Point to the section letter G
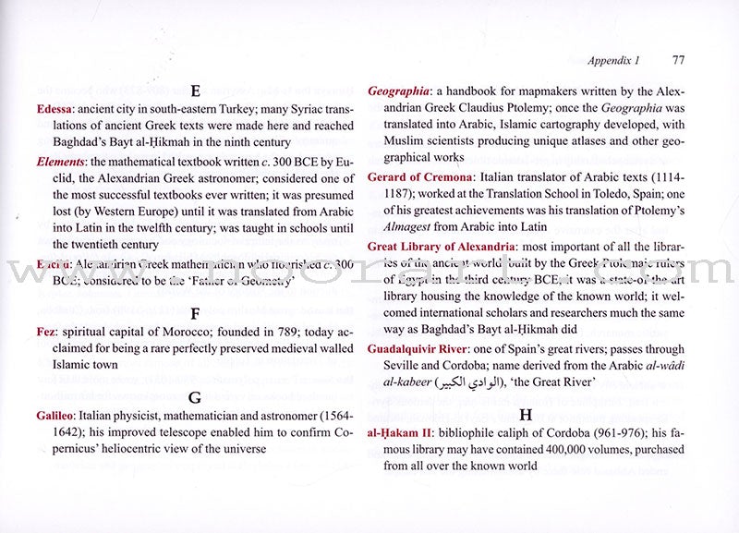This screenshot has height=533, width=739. [x=195, y=398]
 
